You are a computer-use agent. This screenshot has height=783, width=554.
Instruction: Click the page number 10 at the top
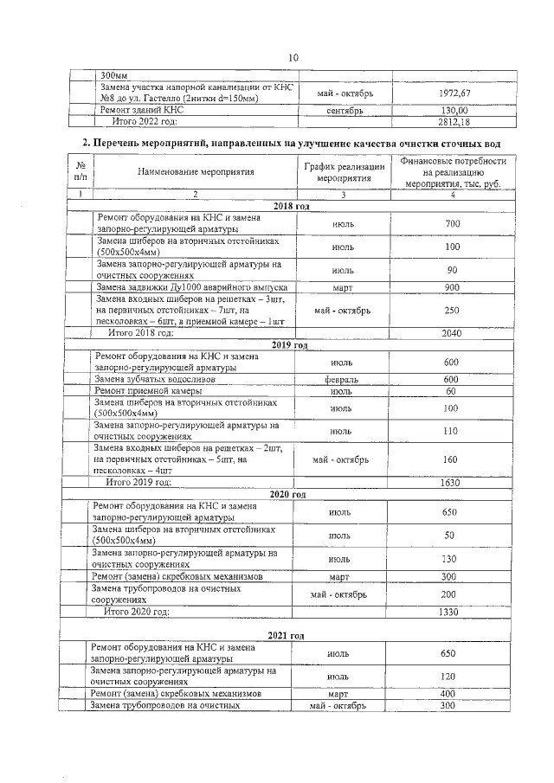click(293, 57)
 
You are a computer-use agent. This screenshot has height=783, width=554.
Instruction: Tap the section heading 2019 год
click(289, 344)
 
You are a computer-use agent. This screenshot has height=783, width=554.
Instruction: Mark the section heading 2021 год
click(286, 636)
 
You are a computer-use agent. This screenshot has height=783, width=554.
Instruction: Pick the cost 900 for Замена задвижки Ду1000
click(452, 286)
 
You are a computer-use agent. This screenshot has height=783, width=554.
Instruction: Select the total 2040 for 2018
click(452, 333)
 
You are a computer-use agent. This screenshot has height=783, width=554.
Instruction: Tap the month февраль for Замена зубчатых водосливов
click(342, 379)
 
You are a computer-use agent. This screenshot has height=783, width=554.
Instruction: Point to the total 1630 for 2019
click(450, 482)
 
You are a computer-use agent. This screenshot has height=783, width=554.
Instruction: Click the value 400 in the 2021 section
click(448, 694)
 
